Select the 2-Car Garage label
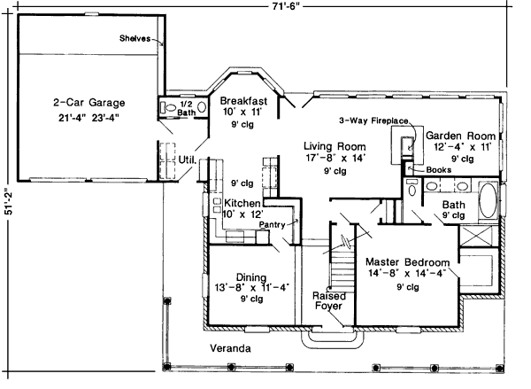tap(89, 102)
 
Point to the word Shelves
tap(135, 38)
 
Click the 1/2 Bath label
tap(186, 108)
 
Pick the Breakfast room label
tap(243, 101)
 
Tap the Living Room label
tap(335, 146)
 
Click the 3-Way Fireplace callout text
tap(373, 121)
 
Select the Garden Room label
tap(460, 136)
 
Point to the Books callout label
tap(439, 169)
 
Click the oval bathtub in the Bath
tap(488, 200)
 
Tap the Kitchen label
tap(242, 203)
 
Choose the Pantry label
tap(272, 224)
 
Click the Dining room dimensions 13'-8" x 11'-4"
tap(252, 288)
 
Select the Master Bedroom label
tap(408, 262)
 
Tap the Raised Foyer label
tap(329, 300)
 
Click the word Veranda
tap(230, 348)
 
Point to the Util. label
tap(188, 159)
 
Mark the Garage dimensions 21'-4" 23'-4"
tap(88, 118)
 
